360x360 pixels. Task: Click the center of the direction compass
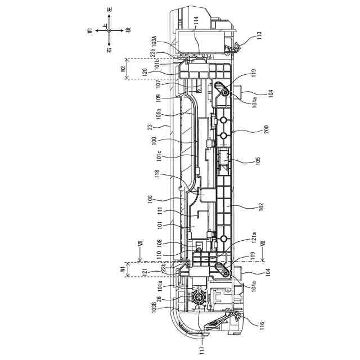tap(109, 31)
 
